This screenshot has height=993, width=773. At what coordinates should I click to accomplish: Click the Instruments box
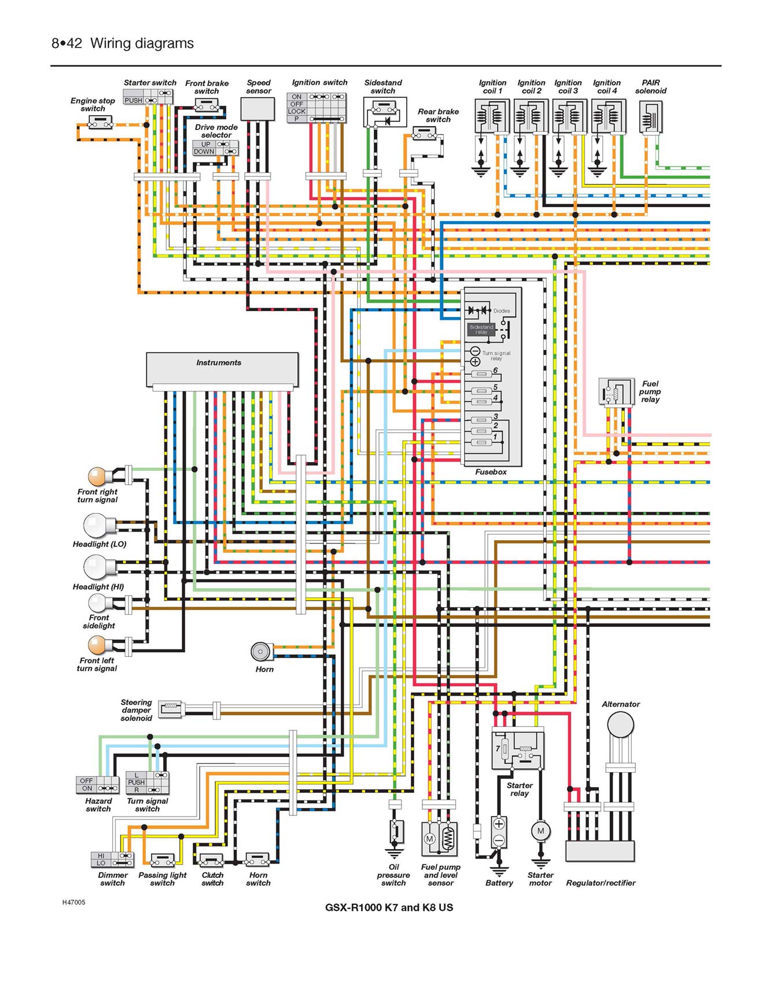[222, 370]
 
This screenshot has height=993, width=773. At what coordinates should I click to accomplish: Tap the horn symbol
[261, 651]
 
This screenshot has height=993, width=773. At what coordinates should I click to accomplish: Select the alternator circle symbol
[620, 724]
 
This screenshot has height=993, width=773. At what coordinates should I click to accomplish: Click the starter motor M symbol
[540, 831]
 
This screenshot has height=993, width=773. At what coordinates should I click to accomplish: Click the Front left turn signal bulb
[98, 645]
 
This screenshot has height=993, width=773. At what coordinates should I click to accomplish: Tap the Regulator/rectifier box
[600, 851]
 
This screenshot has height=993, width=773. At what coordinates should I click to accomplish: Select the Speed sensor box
[257, 109]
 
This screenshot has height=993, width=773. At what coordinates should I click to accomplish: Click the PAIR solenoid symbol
[651, 117]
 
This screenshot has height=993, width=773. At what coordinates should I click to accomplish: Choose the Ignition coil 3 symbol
[569, 117]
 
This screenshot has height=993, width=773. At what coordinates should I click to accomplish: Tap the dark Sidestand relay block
[481, 329]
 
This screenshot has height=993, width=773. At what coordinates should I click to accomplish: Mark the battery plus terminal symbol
[499, 824]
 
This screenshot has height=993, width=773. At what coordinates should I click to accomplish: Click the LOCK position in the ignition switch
[296, 112]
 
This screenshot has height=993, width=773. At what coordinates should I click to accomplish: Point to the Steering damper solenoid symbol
[172, 708]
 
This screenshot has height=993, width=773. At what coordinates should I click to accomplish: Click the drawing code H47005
[74, 902]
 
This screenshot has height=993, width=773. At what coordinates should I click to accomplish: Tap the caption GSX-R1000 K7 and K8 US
[389, 907]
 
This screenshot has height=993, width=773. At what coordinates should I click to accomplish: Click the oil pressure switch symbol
[395, 833]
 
